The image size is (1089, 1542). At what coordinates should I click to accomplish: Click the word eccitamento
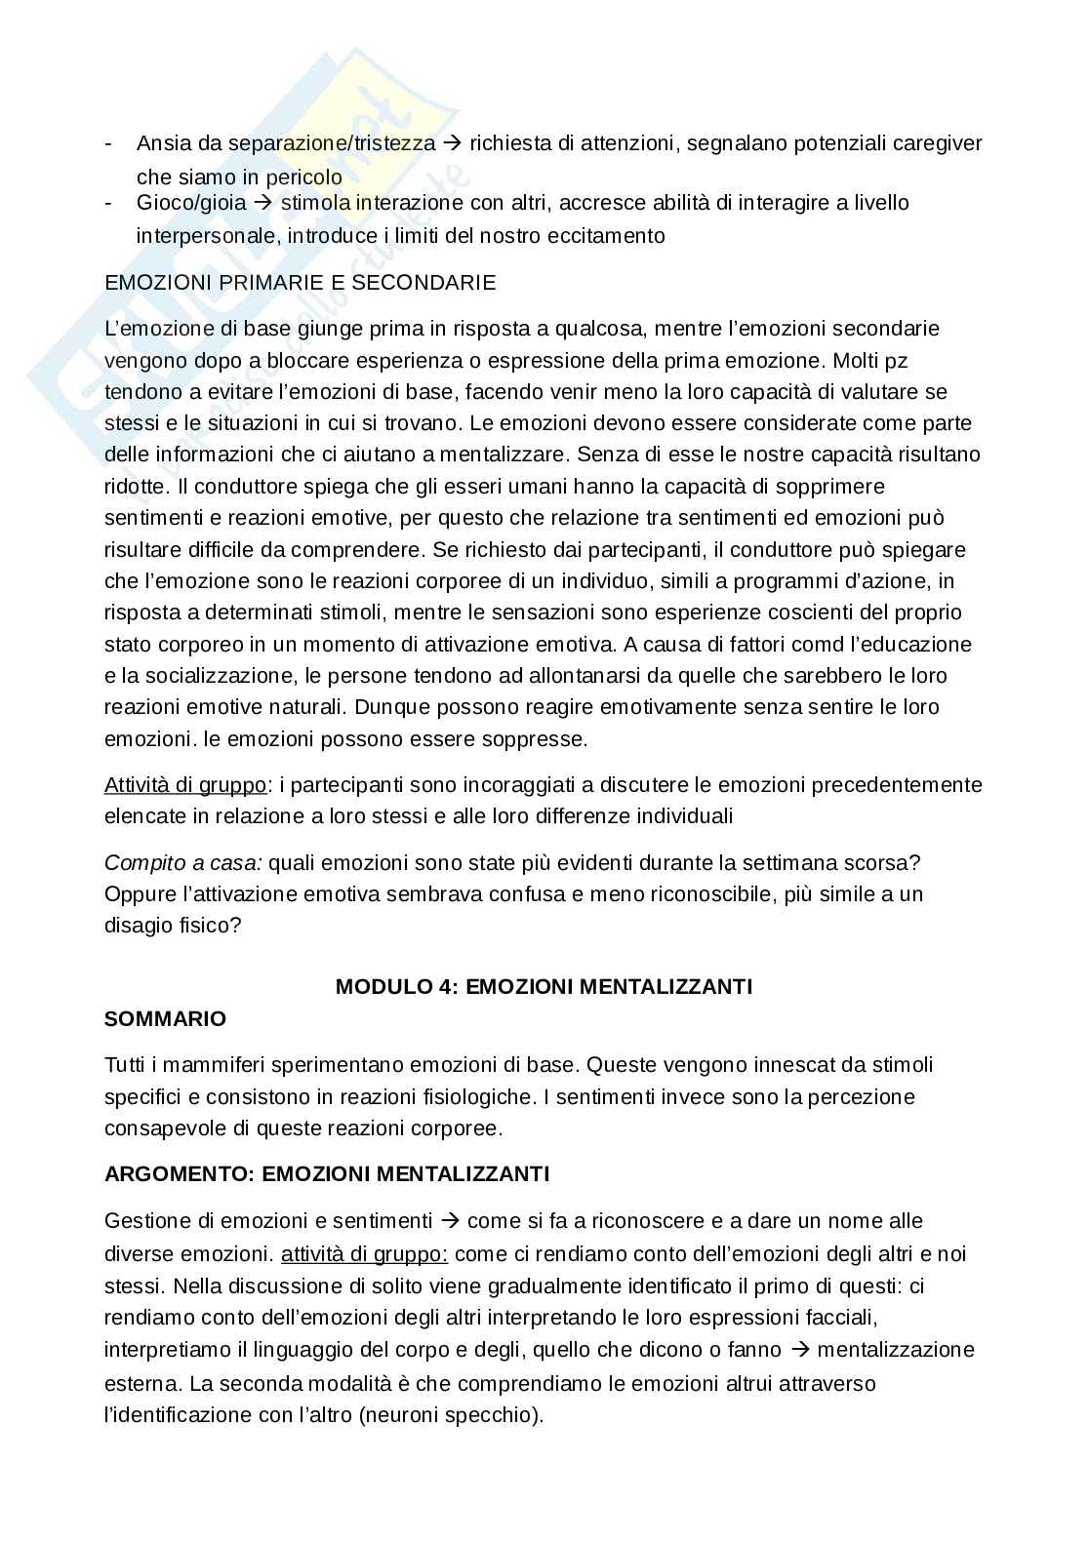pos(610,235)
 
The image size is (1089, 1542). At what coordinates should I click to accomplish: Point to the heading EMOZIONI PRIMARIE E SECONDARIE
pos(300,283)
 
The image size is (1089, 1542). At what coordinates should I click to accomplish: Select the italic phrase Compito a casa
pos(182,863)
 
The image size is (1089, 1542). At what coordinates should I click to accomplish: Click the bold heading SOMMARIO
pos(165,1019)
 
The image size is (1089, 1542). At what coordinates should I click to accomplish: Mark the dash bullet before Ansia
pos(109,143)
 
